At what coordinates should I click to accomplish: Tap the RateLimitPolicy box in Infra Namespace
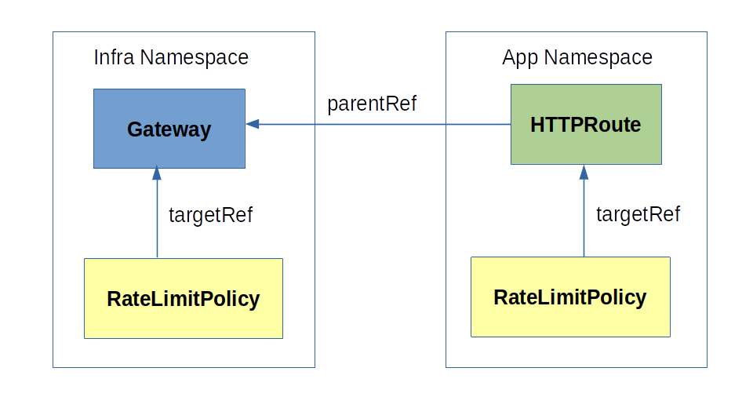click(x=183, y=298)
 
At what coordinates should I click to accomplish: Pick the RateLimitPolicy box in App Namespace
click(x=570, y=297)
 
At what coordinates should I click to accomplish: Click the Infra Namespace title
click(x=171, y=57)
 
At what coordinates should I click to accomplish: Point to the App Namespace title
click(x=577, y=57)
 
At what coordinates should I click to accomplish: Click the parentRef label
click(x=372, y=104)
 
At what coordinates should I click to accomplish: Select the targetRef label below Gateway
click(x=210, y=214)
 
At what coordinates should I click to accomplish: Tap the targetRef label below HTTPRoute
click(x=638, y=214)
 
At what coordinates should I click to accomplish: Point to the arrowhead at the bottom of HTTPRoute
click(x=584, y=171)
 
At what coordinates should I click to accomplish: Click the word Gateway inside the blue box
click(x=169, y=129)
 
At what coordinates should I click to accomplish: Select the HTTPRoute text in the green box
click(x=585, y=124)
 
